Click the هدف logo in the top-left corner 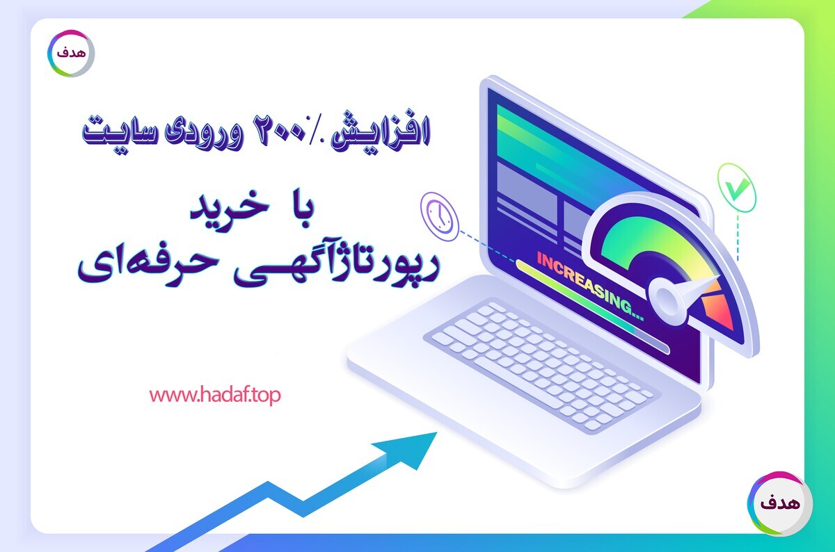coord(71,54)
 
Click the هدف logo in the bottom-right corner coord(779,503)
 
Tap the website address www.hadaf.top coord(215,396)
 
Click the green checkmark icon coord(737,188)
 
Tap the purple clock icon coord(440,216)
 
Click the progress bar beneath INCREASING coord(593,307)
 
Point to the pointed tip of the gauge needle coord(718,277)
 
